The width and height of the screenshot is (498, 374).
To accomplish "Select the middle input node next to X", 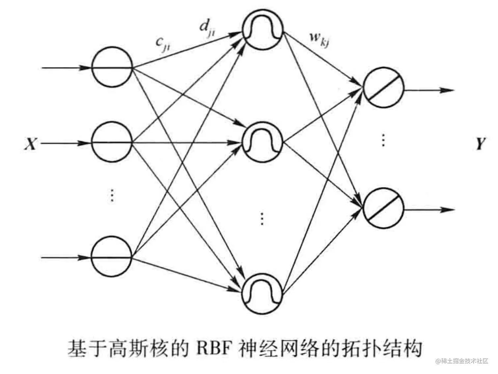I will point(112,143).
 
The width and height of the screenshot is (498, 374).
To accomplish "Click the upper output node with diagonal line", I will point(383,87).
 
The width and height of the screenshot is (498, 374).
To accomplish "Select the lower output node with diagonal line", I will point(383,208).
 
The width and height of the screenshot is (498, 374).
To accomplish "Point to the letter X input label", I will point(30,144).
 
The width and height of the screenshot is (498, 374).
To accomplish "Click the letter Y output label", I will point(481,144).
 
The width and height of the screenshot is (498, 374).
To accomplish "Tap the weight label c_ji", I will point(163,45).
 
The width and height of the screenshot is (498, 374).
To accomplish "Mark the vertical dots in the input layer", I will point(112,195).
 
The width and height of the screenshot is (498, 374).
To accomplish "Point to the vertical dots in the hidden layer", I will point(262,218).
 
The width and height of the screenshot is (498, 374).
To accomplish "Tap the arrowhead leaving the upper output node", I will point(450,90).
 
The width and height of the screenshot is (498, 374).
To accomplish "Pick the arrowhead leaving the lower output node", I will point(450,210).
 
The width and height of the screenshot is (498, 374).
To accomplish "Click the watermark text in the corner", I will point(463,361).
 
